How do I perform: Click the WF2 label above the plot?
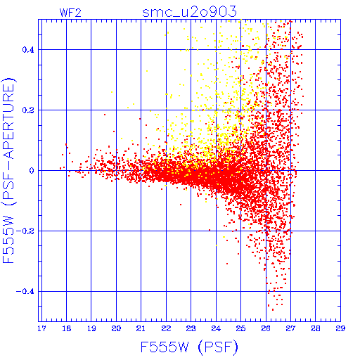pos(70,13)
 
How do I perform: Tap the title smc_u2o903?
pos(189,11)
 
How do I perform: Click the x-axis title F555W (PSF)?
pos(189,347)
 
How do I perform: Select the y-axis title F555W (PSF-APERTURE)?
pos(9,171)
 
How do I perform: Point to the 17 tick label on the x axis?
pos(41,328)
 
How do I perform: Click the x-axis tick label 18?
pos(66,328)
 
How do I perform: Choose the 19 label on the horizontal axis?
pos(91,328)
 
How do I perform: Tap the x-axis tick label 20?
pos(116,328)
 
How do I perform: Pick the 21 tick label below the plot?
pos(141,328)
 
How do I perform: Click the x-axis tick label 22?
pos(166,328)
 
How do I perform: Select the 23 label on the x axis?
pos(191,328)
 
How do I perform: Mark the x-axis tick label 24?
pos(216,328)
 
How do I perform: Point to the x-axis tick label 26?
pos(266,328)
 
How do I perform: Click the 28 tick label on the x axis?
pos(316,328)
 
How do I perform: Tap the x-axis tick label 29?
pos(340,328)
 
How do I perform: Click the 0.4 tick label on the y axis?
pos(28,50)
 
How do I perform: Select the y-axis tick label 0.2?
pos(28,110)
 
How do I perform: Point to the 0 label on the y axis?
pos(32,171)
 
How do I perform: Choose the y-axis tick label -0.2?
pos(25,231)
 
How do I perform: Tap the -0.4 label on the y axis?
pos(25,292)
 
